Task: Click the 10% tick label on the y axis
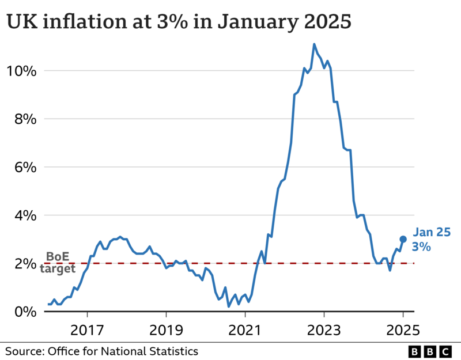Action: tap(21, 71)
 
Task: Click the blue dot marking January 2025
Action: tap(403, 239)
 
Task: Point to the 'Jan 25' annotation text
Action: tap(432, 233)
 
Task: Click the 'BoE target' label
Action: tap(61, 263)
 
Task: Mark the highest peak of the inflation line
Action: tap(314, 44)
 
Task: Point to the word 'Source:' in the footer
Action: tap(25, 351)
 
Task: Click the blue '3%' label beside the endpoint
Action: tap(421, 247)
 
